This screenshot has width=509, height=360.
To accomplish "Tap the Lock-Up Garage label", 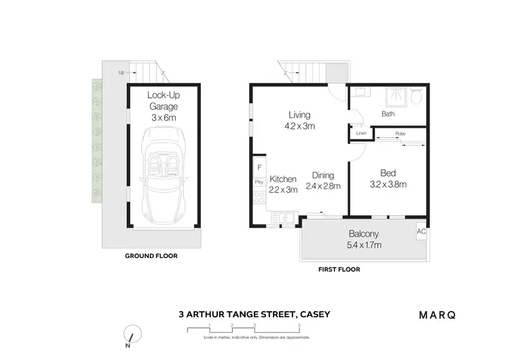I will click(x=163, y=106).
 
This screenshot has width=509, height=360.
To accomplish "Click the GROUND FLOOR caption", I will click(x=151, y=256).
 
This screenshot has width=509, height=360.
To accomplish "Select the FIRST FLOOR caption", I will click(x=339, y=270).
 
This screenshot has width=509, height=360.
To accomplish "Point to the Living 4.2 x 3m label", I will click(x=299, y=120).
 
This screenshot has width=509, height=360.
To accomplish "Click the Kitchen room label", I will click(x=283, y=184).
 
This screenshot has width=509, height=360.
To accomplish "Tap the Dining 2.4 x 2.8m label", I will click(x=323, y=180).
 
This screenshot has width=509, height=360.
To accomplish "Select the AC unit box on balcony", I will click(x=421, y=232).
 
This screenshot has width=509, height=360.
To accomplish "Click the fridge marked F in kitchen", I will click(x=259, y=167).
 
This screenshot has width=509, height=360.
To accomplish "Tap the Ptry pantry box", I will click(x=259, y=182).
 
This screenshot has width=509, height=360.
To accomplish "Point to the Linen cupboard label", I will click(x=361, y=133).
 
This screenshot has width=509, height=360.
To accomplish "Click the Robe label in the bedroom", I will click(x=400, y=134).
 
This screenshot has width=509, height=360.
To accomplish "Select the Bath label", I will click(x=388, y=114).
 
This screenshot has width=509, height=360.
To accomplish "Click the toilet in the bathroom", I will click(x=417, y=98).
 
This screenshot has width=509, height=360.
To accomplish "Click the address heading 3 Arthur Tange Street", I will click(x=254, y=314).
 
